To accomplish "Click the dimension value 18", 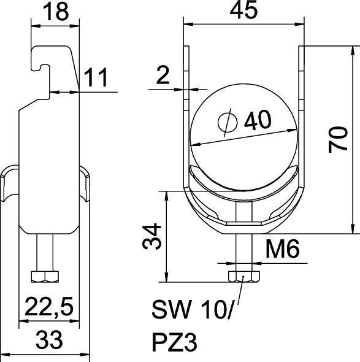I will [56, 12].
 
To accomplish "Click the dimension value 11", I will [96, 77].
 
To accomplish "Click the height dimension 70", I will [339, 139].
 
